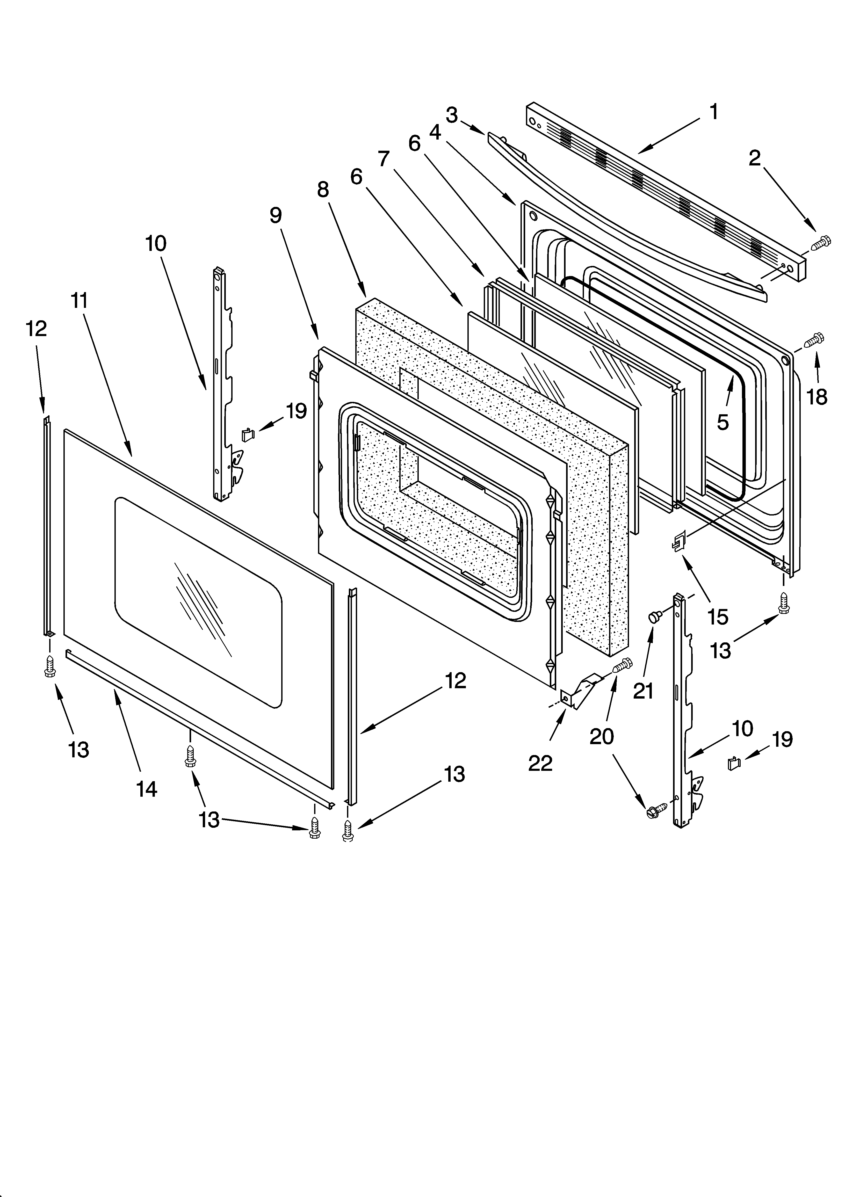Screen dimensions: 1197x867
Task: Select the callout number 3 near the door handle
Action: tap(451, 115)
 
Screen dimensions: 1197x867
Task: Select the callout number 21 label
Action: tap(643, 691)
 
